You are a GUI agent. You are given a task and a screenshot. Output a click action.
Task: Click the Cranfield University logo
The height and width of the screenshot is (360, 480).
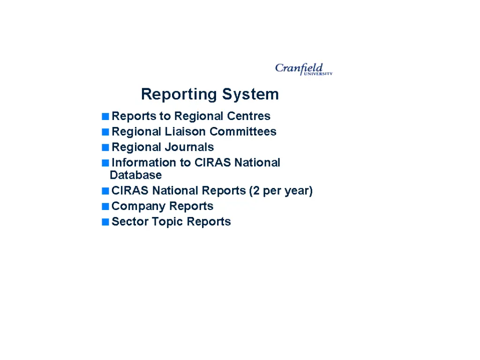[x=303, y=69]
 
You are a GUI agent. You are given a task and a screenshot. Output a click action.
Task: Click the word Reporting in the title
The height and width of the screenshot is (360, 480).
[x=180, y=94]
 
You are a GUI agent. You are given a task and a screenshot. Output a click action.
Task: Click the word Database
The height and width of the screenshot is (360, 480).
[x=135, y=175]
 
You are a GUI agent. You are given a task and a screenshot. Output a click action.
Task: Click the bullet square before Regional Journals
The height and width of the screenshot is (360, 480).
[x=105, y=148]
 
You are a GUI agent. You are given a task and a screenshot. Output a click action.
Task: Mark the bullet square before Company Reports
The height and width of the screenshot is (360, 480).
[x=105, y=207]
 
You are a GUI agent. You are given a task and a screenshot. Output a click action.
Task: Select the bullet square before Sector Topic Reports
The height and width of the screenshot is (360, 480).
[x=105, y=222]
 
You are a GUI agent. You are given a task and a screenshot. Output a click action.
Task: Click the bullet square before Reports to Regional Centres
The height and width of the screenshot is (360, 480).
[x=105, y=116]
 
